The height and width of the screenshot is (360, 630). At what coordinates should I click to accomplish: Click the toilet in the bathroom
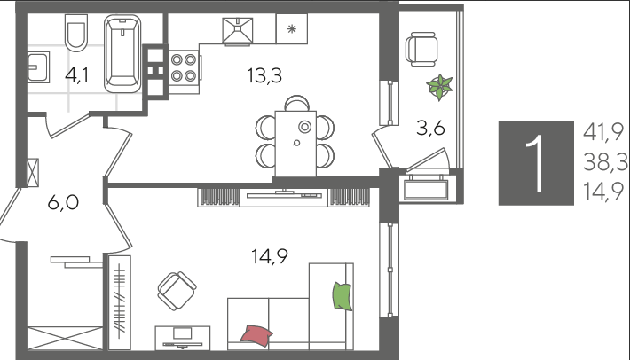click(76, 33)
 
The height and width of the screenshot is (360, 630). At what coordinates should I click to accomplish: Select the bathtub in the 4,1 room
click(122, 54)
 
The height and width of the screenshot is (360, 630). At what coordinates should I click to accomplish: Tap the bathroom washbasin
click(38, 67)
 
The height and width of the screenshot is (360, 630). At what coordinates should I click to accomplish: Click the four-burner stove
click(184, 67)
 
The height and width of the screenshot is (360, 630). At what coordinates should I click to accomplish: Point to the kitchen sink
click(238, 30)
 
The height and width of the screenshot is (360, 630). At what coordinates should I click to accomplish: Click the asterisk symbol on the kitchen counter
click(292, 29)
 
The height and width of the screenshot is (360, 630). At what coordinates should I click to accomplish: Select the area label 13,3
click(264, 75)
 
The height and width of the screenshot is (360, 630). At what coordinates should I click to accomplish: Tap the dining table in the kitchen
click(295, 144)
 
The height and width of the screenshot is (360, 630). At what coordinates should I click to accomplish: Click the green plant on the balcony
click(439, 87)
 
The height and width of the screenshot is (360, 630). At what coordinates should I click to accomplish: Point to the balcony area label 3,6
click(430, 129)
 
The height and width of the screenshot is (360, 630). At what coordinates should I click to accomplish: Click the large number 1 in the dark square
click(536, 163)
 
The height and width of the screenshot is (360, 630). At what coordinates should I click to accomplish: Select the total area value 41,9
click(603, 132)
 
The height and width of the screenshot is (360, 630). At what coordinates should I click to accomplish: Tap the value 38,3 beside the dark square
click(605, 162)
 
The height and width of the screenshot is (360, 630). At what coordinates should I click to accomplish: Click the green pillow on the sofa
click(343, 296)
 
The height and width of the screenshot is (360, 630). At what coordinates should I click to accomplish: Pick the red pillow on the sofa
click(256, 334)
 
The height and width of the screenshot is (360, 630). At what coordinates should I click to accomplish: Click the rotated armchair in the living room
click(177, 291)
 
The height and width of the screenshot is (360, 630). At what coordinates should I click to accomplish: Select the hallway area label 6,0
click(63, 202)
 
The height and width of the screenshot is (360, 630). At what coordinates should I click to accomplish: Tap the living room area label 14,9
click(270, 256)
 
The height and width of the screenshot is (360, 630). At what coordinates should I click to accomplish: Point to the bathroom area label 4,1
click(76, 75)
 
